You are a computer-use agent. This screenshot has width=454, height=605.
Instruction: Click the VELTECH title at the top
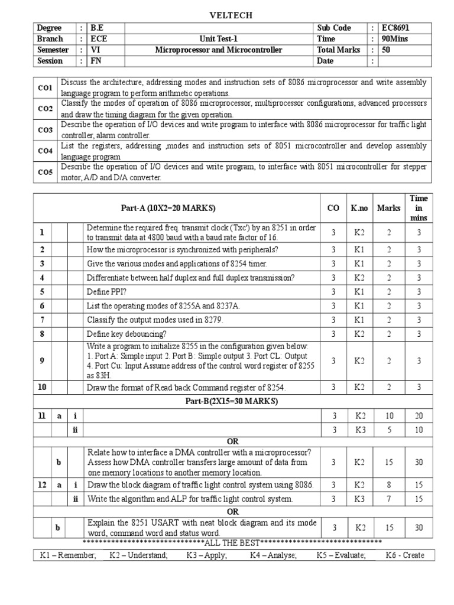pos(227,15)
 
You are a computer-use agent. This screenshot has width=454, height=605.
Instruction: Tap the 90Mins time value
pos(395,39)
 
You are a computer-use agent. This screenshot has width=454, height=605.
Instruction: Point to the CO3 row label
pos(46,130)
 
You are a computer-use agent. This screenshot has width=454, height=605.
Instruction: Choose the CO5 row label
pos(46,172)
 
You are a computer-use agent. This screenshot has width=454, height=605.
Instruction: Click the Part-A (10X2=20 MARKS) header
pos(168,208)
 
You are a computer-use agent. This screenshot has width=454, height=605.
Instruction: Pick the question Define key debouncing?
pos(127,334)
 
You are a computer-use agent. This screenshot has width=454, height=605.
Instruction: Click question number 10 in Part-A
pos(42,387)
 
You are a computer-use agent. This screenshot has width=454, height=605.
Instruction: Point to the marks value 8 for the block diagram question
pos(389,485)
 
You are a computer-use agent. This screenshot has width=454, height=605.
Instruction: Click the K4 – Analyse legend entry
pos(273,555)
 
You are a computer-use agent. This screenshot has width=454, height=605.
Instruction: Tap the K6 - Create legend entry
pos(405,555)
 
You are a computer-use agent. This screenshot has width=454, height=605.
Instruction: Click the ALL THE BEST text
pos(232,542)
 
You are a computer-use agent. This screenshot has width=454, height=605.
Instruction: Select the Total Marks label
pos(338,50)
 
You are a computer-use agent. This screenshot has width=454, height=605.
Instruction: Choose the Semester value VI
pos(94,50)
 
